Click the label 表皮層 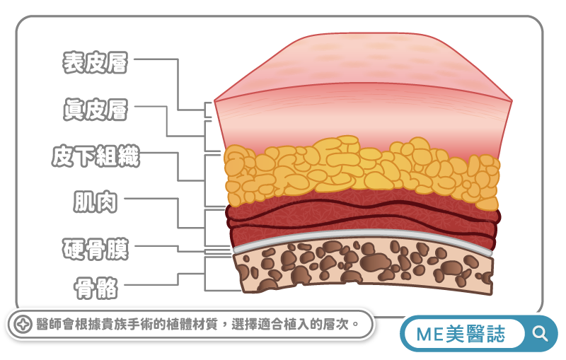tap(95, 62)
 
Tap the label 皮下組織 tap(96, 156)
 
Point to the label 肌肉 tap(95, 202)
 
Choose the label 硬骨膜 tap(95, 248)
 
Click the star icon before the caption tap(21, 325)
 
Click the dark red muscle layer tap(361, 219)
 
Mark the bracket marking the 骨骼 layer tap(206, 274)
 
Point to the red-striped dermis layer tap(361, 113)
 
